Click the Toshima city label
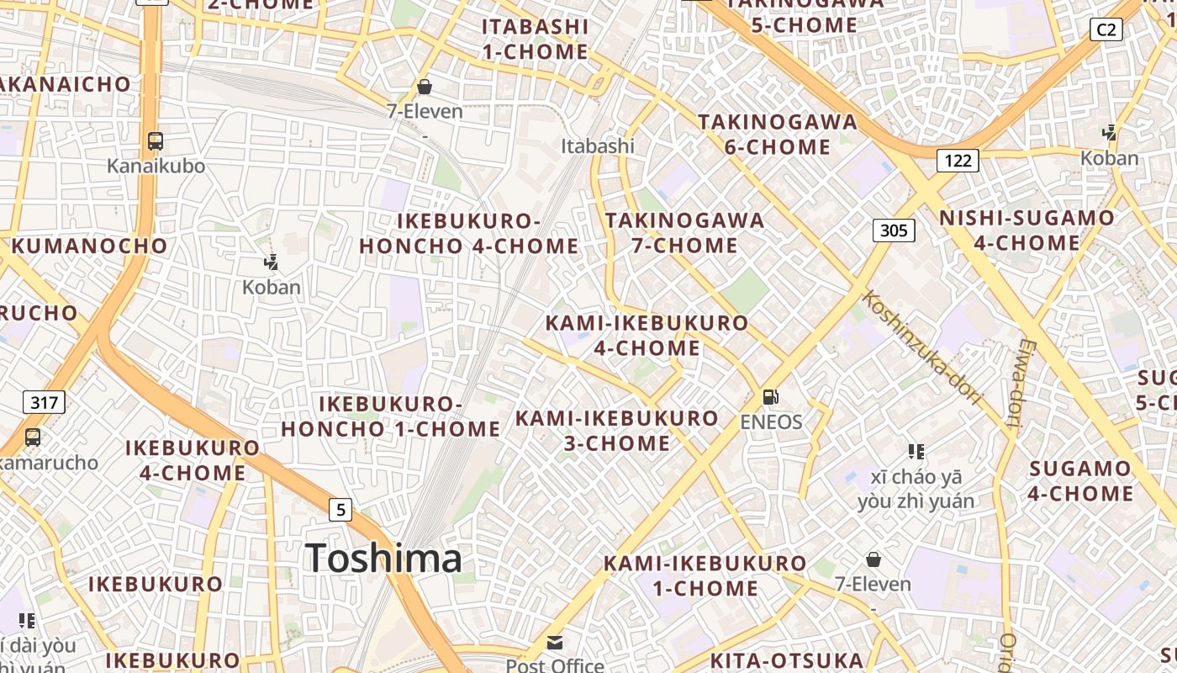(x=383, y=559)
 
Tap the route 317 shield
(x=44, y=402)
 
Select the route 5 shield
(x=340, y=509)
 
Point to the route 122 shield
(x=958, y=161)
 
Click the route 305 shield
(x=893, y=230)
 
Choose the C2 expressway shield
(x=1106, y=29)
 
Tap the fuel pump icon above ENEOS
(x=770, y=397)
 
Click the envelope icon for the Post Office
(x=555, y=644)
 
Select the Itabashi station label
(x=598, y=146)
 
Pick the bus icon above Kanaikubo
(x=155, y=140)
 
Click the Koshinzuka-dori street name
(x=923, y=347)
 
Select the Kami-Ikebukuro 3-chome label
(x=617, y=431)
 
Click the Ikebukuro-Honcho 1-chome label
(x=391, y=417)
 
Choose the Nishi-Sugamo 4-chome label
(x=1027, y=231)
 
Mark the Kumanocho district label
(x=90, y=246)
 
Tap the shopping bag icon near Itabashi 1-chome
(x=425, y=87)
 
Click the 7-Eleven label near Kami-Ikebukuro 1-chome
(x=873, y=584)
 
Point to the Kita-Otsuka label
(x=788, y=660)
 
